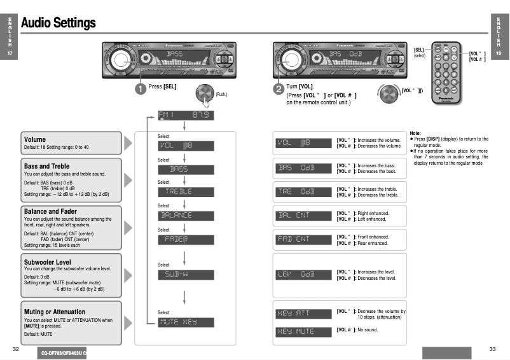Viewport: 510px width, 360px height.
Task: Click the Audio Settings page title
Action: (x=58, y=24)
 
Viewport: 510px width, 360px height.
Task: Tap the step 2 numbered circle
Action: (x=279, y=89)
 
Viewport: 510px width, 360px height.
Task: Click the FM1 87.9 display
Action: (x=186, y=116)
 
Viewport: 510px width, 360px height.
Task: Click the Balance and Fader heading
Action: (x=51, y=211)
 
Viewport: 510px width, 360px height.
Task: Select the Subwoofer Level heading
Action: (x=48, y=262)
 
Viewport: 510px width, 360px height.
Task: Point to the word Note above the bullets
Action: (x=415, y=132)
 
